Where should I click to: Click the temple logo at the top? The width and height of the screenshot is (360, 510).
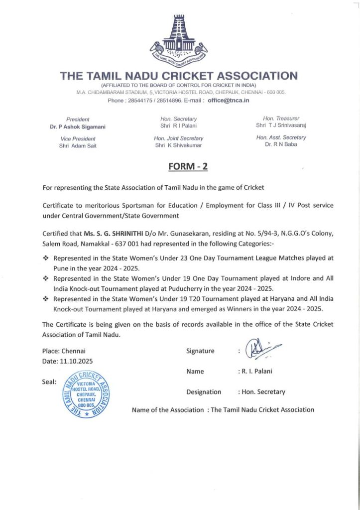click(x=179, y=42)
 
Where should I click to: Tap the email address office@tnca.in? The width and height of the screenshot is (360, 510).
click(x=229, y=100)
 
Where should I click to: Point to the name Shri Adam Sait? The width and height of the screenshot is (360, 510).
click(x=78, y=145)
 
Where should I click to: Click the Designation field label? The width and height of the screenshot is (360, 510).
click(x=204, y=392)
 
